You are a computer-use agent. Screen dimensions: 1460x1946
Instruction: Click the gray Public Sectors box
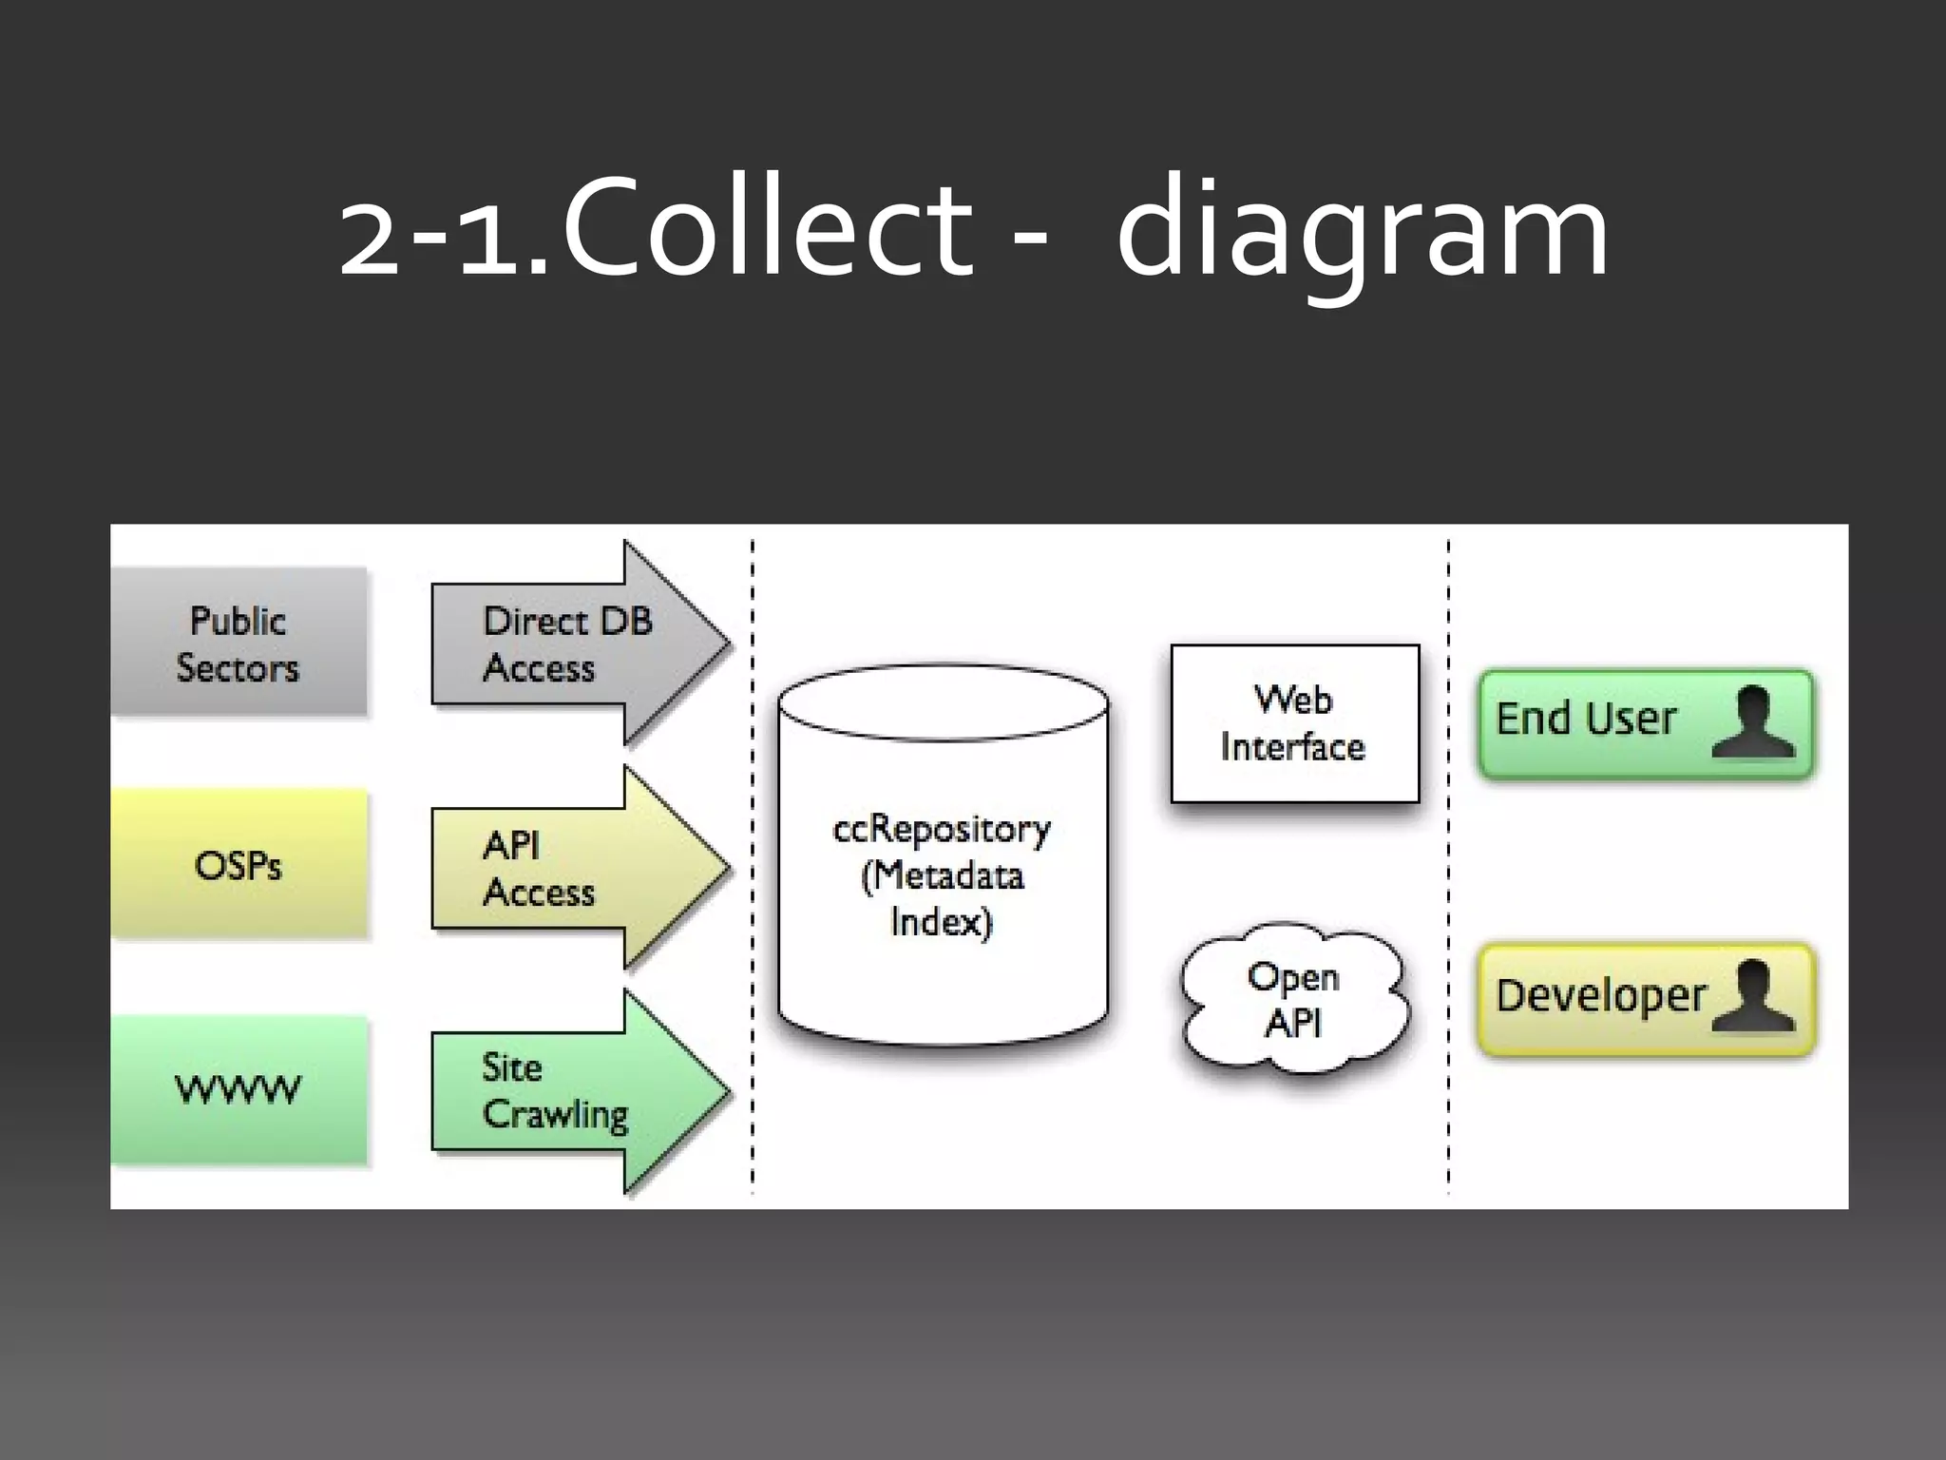pyautogui.click(x=238, y=643)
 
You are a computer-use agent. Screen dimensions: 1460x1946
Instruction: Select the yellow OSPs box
pyautogui.click(x=238, y=865)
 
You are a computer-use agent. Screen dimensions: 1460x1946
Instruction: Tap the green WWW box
pyautogui.click(x=238, y=1089)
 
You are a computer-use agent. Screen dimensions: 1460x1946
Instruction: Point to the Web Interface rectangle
pyautogui.click(x=1294, y=723)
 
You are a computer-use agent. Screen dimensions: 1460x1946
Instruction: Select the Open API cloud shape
pyautogui.click(x=1294, y=1000)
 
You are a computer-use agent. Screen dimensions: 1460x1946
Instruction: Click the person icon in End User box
pyautogui.click(x=1753, y=722)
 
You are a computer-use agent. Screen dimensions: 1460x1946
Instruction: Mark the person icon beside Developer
pyautogui.click(x=1753, y=996)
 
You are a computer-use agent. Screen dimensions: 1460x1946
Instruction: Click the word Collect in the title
pyautogui.click(x=766, y=228)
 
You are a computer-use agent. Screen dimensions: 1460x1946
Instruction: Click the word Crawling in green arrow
pyautogui.click(x=556, y=1115)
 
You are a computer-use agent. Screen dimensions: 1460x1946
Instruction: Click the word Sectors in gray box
pyautogui.click(x=238, y=667)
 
